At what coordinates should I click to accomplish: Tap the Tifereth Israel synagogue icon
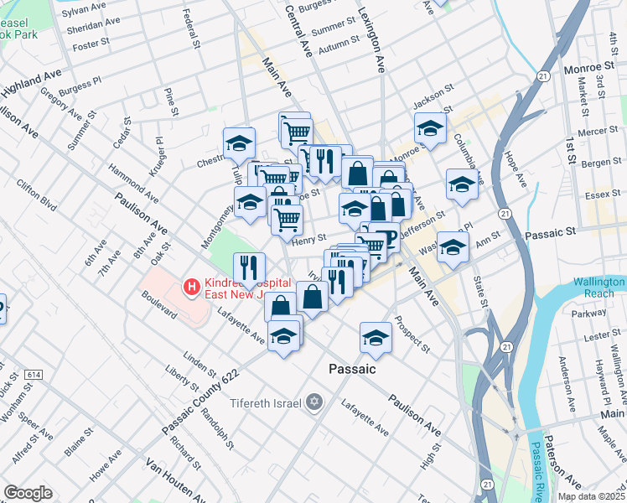click(x=314, y=403)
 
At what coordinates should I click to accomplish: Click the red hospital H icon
click(x=193, y=288)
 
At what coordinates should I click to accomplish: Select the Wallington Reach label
click(x=599, y=288)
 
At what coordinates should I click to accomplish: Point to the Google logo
click(x=28, y=493)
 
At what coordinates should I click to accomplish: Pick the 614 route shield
click(x=34, y=374)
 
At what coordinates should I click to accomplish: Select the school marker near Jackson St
click(x=429, y=127)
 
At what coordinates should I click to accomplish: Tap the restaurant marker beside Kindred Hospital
click(x=248, y=268)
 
